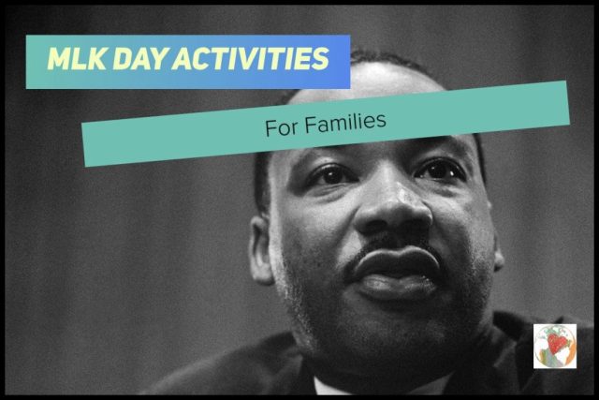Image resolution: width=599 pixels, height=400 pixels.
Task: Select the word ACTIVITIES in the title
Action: click(251, 59)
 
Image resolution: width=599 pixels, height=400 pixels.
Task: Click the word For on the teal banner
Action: click(281, 127)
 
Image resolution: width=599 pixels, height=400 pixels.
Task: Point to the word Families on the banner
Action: click(345, 123)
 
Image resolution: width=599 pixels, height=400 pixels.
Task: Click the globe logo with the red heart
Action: click(555, 347)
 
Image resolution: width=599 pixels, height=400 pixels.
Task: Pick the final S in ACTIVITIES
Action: click(320, 59)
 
